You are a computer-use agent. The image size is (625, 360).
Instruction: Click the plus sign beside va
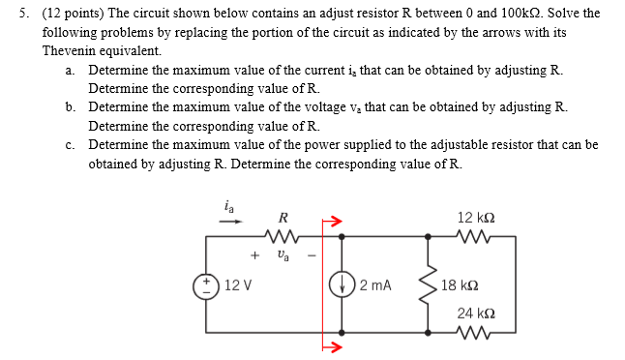click(x=254, y=256)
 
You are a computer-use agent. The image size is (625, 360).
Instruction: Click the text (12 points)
click(x=72, y=14)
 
